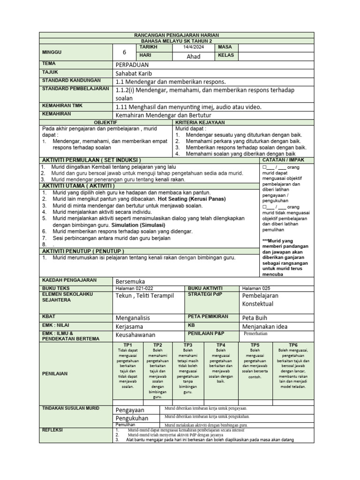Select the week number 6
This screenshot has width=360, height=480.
pos(124,52)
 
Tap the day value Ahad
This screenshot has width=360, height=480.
pos(194,56)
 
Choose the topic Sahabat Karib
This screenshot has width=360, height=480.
pos(134,74)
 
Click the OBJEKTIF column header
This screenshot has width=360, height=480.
pos(106,122)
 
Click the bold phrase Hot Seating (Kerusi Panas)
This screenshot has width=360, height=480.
pos(185,199)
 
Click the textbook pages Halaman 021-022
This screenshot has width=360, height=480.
pos(134,288)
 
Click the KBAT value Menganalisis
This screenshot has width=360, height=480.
pos(135,318)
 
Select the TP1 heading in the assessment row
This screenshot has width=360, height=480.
pos(127,345)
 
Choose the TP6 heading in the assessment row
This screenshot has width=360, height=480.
pos(293,345)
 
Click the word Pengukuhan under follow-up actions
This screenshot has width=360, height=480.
pos(132,418)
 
